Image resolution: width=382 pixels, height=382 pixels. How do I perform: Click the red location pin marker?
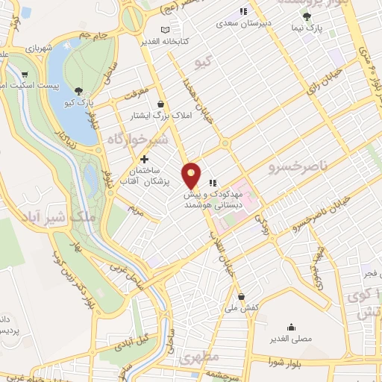pos(192,175)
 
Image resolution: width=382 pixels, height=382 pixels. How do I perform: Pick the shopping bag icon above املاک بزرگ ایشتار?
pos(160,105)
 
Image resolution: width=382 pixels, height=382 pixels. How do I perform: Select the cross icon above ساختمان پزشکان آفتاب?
pos(145,159)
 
